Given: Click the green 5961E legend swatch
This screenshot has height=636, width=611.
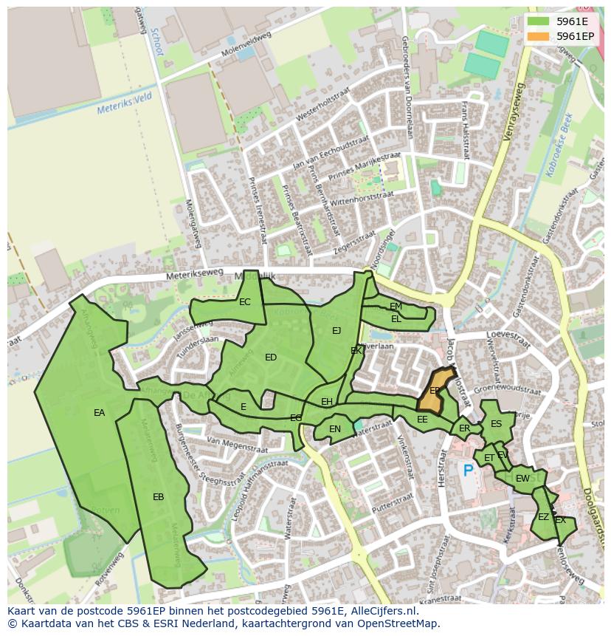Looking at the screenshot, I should [538, 21].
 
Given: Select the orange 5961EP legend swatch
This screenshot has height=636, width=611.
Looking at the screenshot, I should [538, 35].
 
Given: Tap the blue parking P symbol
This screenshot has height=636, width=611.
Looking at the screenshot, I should [467, 470].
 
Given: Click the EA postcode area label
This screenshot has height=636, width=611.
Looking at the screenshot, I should [100, 413].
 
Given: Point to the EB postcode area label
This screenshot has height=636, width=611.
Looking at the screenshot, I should [158, 497].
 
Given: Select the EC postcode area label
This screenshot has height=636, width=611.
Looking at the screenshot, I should [244, 301].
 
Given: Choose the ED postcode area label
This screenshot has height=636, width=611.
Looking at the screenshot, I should [271, 358].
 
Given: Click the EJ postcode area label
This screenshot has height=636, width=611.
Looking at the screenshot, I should [336, 330].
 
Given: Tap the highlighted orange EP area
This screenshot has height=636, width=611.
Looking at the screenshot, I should [434, 390].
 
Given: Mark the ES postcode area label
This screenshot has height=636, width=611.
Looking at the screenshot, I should [496, 424].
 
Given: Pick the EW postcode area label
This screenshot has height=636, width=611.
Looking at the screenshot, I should [522, 479].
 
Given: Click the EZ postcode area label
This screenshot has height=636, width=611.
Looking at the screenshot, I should [543, 517].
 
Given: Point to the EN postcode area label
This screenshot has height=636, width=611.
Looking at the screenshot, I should [335, 428].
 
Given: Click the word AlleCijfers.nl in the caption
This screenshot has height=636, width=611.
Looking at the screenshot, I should [382, 612].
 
